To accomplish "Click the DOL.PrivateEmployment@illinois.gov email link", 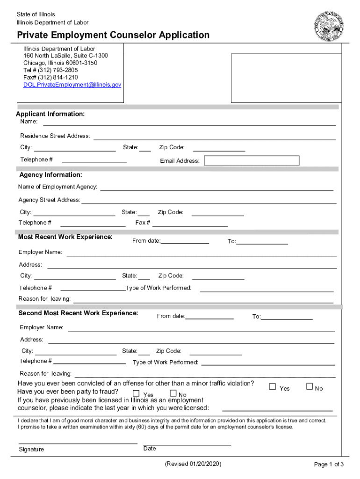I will pos(72,85).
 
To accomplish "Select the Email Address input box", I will pos(252,160).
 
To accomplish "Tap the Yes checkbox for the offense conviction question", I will pos(273,387).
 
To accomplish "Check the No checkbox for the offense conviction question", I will pos(309,386).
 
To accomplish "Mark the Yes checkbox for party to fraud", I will pos(136,393).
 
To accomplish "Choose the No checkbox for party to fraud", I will pos(173,393).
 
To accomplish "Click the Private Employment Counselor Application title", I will pos(113,35).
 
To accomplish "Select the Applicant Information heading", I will pos(50,114).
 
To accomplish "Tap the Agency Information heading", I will pos(50,175).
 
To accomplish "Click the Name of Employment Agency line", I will pos(217,189).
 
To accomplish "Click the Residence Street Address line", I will pos(215,138).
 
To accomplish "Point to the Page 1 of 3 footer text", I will pos(329,464).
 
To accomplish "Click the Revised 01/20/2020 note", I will pos(193,464).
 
